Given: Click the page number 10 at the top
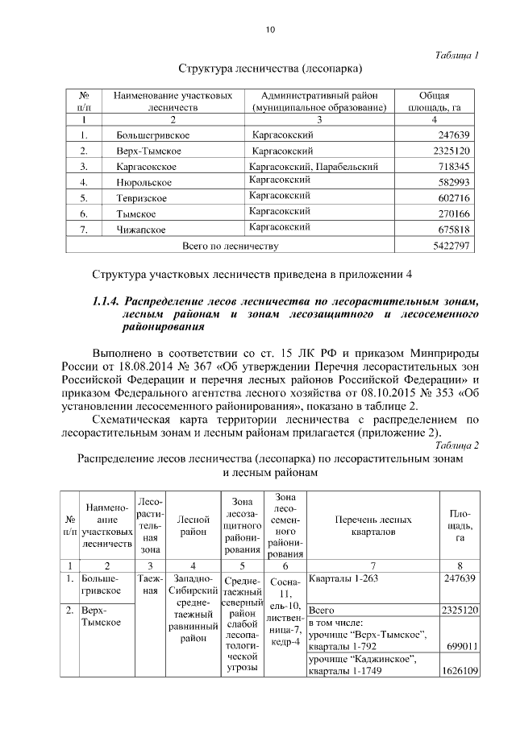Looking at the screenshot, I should (x=270, y=30).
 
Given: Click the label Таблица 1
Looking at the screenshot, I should (x=457, y=55).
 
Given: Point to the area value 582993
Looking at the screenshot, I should (x=452, y=182).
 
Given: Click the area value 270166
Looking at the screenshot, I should (x=452, y=213).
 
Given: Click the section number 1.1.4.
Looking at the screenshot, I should (x=110, y=302).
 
